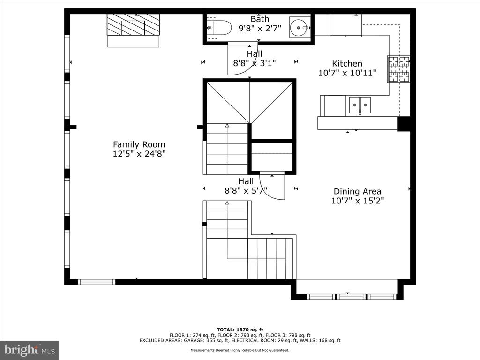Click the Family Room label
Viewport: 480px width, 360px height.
[139, 144]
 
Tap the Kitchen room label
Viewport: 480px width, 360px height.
[347, 64]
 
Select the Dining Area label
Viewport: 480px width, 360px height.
[357, 192]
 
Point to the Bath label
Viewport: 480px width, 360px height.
[260, 19]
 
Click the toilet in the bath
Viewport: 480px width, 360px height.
[218, 29]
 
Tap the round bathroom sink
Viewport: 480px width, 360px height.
[300, 27]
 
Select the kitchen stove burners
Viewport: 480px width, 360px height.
[399, 69]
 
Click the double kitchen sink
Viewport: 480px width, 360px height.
[360, 105]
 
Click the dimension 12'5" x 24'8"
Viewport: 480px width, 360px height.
[139, 154]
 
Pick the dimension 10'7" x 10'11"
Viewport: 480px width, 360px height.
[347, 73]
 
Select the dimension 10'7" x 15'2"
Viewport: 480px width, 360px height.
[357, 201]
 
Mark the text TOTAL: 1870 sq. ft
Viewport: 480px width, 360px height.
[240, 330]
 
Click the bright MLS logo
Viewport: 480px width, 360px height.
[30, 350]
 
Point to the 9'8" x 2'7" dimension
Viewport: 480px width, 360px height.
[260, 29]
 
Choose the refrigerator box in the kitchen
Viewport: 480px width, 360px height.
[345, 25]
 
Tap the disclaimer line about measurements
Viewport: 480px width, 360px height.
[240, 350]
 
